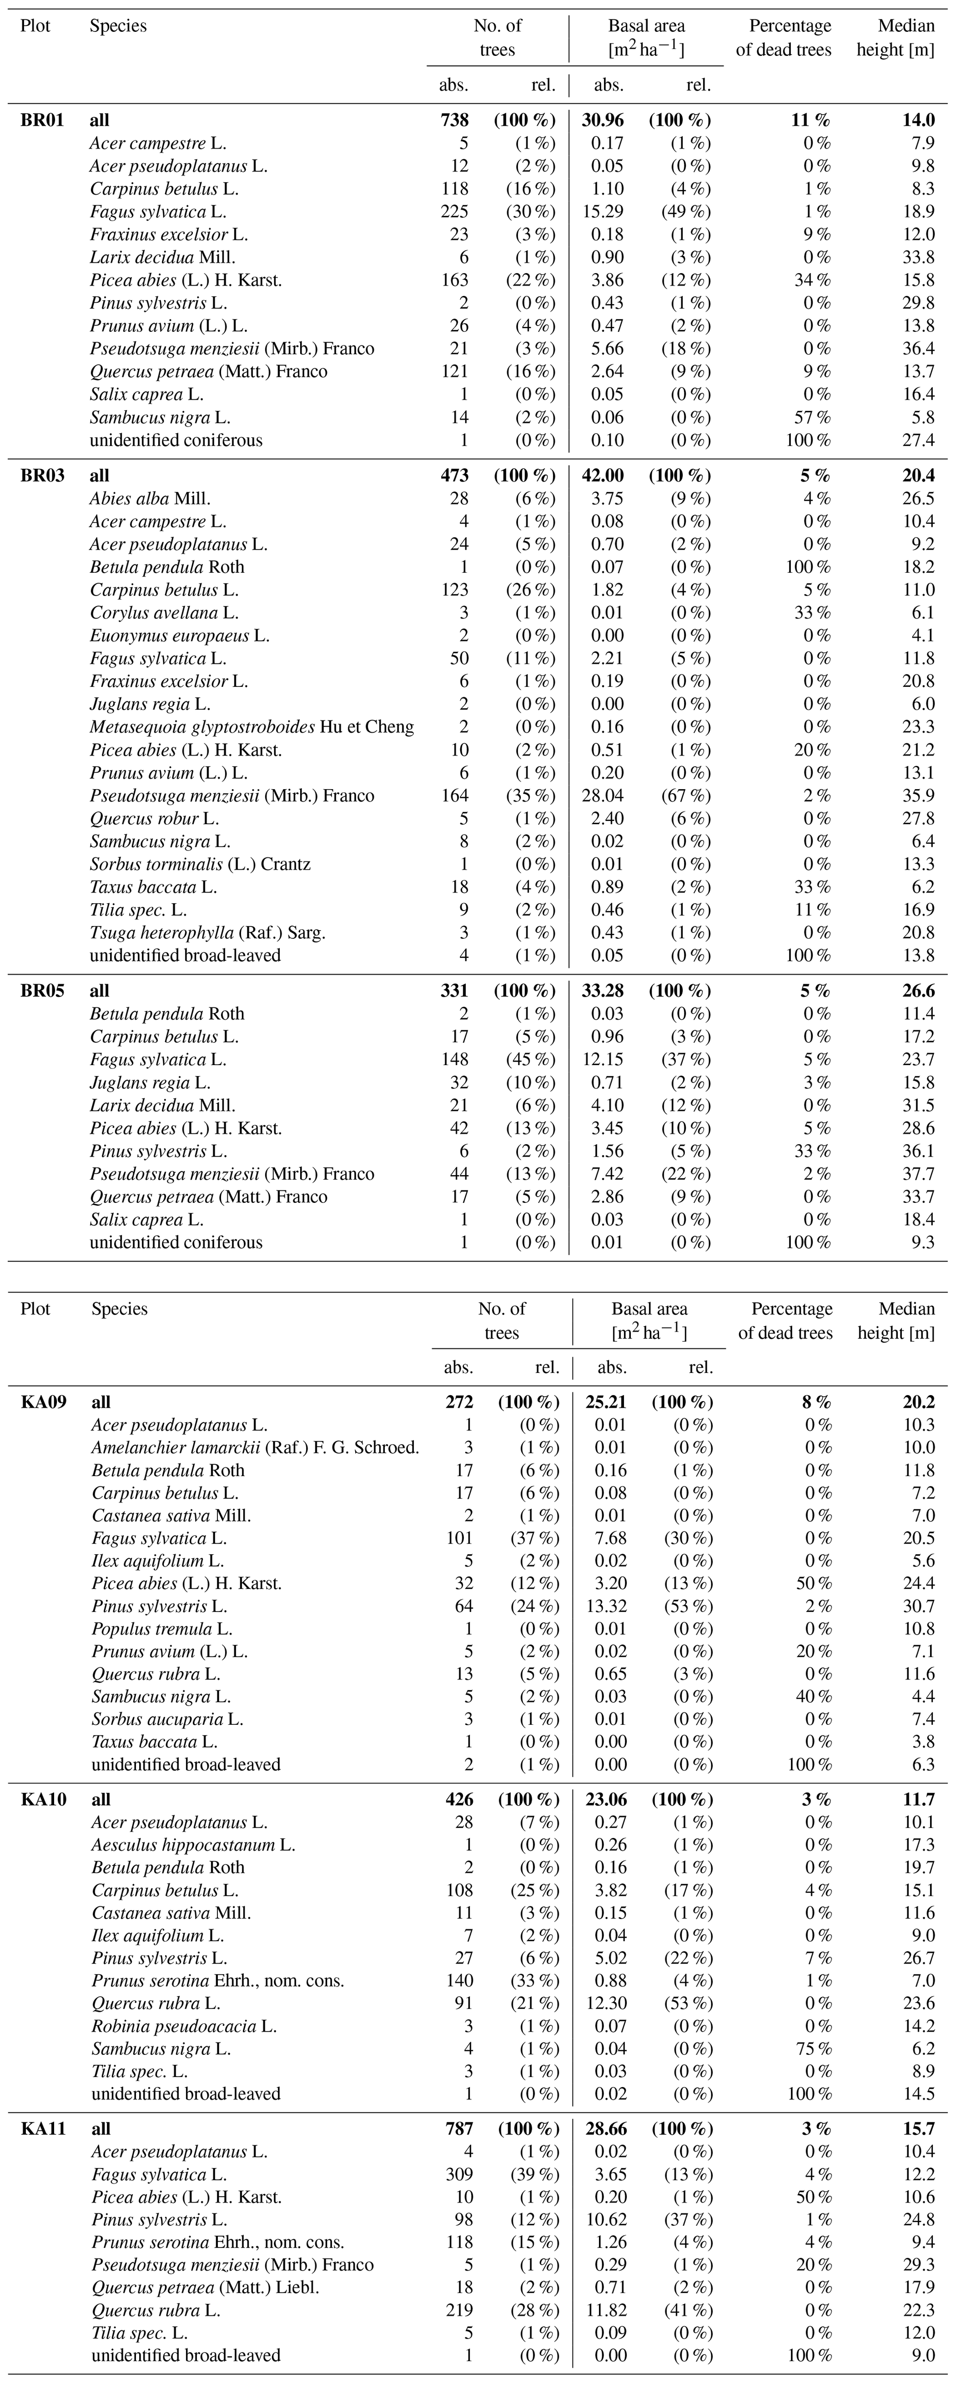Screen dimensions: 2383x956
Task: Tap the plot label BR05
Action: pyautogui.click(x=43, y=991)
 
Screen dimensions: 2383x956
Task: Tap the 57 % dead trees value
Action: pyautogui.click(x=812, y=417)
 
